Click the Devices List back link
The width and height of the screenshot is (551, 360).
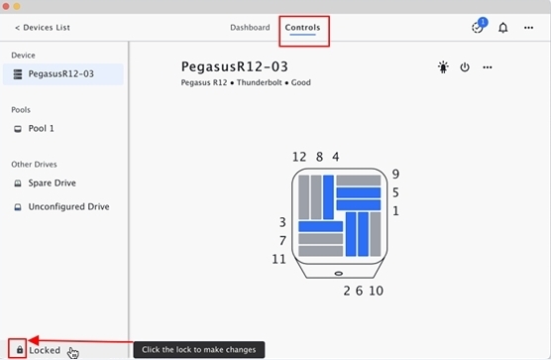43,28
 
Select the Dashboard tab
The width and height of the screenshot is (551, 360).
250,28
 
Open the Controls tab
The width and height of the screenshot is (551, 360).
302,28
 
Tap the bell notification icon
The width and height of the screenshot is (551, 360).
503,28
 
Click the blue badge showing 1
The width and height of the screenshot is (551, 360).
483,22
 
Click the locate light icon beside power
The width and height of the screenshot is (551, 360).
443,66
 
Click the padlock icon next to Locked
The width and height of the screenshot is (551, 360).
20,349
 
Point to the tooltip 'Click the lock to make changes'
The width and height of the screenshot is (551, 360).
199,350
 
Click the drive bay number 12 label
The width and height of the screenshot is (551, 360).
299,157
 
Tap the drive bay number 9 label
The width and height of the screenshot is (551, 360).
395,174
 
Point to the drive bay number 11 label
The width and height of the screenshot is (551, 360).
279,259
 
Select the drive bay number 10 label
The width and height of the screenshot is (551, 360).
376,291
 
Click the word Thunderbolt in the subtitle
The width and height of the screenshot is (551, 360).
260,82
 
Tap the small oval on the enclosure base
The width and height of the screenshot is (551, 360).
339,273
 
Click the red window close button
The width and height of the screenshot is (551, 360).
6,6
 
